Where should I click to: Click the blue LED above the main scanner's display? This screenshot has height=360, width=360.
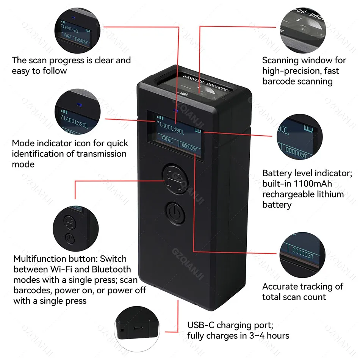point(175,111)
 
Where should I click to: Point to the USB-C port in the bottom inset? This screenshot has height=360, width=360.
point(138,328)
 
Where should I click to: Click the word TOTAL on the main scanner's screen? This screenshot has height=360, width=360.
point(167,139)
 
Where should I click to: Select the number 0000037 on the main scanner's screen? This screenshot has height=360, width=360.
point(189,147)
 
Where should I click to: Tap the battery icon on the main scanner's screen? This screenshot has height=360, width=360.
point(198,131)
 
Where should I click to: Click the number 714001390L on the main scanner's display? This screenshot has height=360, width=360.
point(170,127)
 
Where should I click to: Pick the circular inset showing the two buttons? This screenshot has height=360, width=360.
point(76,228)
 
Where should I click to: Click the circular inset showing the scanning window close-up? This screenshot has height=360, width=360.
point(303,30)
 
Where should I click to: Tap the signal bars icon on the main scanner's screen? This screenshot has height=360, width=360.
point(160,118)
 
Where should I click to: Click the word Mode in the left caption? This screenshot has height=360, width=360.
point(23,143)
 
